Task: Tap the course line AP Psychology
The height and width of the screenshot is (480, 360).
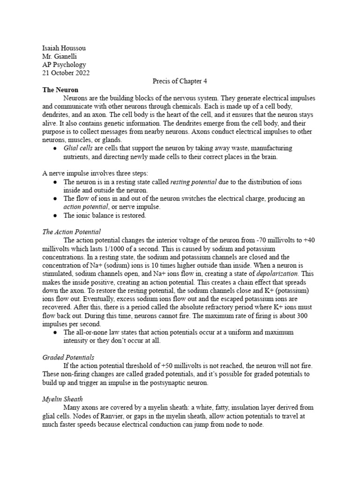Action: pos(64,64)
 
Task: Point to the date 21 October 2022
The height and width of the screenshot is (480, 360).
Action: pos(66,73)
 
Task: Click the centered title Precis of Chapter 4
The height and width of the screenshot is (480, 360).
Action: pos(180,81)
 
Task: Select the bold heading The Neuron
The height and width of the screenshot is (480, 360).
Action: pos(60,90)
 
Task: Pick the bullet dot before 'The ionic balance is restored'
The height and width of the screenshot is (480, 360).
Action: pos(55,216)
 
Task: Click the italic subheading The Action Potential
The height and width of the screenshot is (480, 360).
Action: pos(71,232)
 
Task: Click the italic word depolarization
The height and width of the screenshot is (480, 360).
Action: pos(278,273)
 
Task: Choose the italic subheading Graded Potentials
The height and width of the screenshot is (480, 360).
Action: pos(68,357)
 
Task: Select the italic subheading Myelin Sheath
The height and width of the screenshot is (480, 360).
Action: pos(62,399)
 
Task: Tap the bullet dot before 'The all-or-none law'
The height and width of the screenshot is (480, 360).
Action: pos(55,332)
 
